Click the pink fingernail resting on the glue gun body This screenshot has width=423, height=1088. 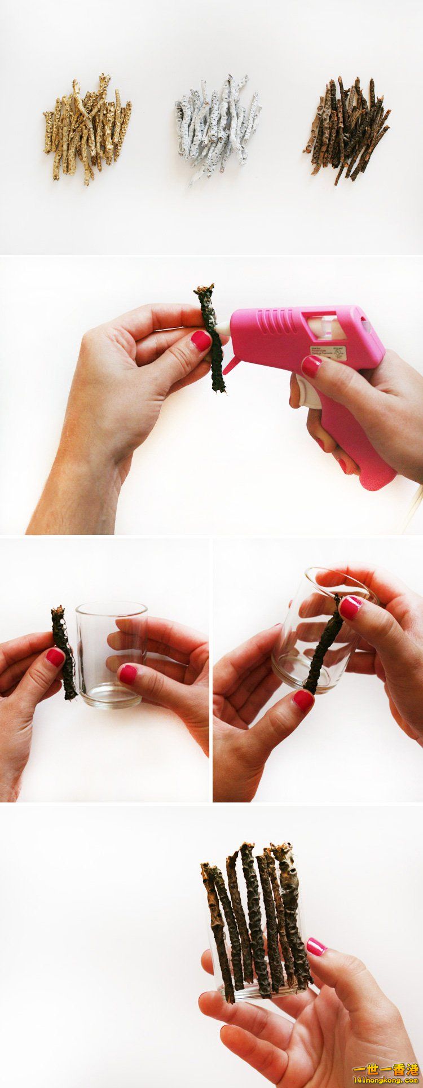[x=311, y=366]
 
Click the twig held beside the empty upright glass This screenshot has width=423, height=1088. [x=64, y=652]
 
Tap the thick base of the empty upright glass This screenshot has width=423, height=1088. [x=107, y=695]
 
